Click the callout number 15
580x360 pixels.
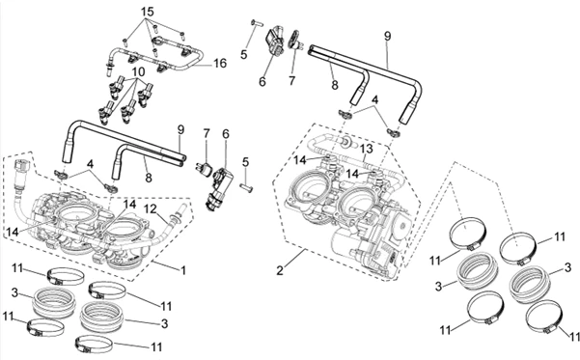tap(147, 12)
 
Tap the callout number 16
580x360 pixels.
tap(220, 64)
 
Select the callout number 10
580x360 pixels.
tap(138, 72)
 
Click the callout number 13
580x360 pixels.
tap(367, 149)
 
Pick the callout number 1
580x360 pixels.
tap(182, 270)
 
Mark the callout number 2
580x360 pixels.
tap(280, 270)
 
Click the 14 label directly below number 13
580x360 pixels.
tap(352, 173)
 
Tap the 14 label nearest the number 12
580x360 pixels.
tap(130, 204)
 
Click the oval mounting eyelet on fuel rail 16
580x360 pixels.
tap(158, 41)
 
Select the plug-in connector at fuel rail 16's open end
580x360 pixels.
tap(109, 69)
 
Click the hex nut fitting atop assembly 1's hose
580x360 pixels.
tap(21, 166)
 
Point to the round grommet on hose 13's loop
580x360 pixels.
tap(347, 141)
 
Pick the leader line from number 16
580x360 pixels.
tap(203, 65)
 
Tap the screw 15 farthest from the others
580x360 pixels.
tap(182, 35)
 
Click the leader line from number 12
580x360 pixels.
tap(163, 217)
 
